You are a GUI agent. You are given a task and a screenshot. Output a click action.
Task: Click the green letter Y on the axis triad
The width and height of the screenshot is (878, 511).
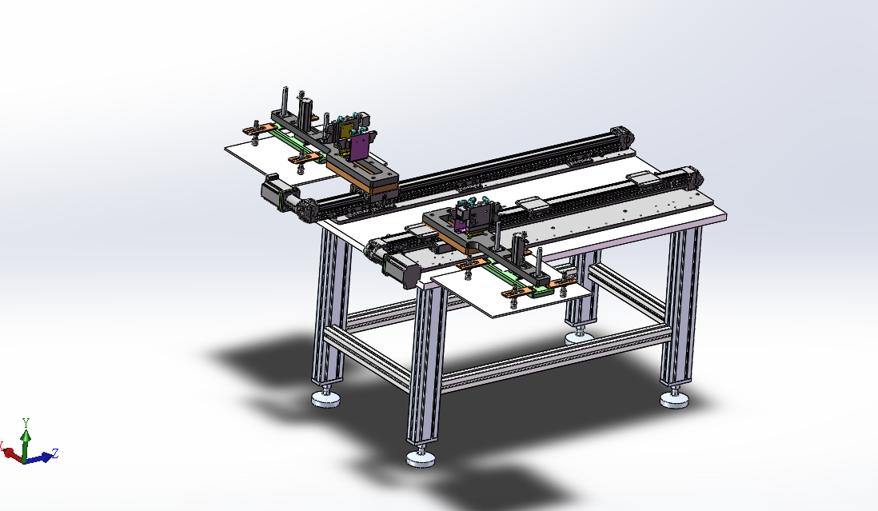coord(26,422)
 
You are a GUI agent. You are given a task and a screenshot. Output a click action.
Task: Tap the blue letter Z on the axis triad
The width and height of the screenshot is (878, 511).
coord(55,453)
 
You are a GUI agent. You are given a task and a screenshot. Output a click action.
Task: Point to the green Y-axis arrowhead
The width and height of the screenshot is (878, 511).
coord(26,435)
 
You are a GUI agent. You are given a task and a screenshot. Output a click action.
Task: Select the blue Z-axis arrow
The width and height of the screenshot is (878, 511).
coord(38,458)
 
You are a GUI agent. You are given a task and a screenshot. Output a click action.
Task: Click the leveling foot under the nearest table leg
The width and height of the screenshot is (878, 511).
coord(421,458)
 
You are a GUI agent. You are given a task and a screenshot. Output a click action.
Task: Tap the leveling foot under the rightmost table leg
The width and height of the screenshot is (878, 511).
coord(674,399)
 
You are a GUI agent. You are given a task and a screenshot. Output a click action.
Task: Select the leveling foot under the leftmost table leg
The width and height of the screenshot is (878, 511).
coord(326,398)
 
